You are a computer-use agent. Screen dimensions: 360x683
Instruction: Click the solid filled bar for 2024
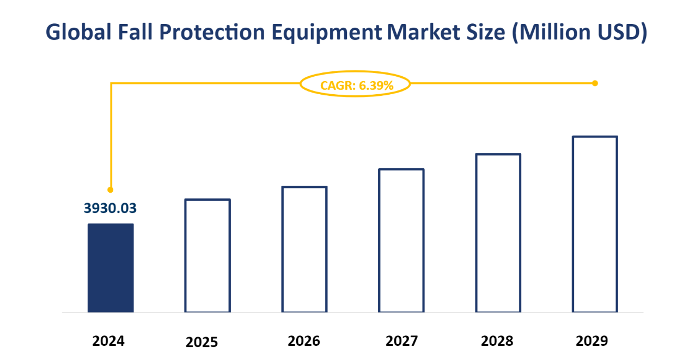pos(111,268)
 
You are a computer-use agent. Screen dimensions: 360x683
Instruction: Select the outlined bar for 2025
pos(208,255)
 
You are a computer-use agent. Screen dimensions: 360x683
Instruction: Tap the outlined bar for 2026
pos(304,249)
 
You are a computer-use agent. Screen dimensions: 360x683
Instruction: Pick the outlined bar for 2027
pos(401,240)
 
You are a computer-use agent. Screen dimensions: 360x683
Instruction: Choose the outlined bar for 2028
pos(498,233)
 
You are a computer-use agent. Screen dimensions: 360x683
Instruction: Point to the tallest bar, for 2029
pos(595,224)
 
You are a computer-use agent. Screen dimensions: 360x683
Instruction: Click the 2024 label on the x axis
pos(108,341)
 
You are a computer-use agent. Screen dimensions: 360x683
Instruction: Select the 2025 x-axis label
pos(202,343)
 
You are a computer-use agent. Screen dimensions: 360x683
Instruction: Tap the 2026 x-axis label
pos(304,341)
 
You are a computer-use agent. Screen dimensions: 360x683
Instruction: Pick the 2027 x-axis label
pos(401,341)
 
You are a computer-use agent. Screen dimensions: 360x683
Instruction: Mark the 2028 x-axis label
pos(497,341)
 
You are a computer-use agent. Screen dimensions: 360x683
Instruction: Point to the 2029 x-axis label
pos(591,341)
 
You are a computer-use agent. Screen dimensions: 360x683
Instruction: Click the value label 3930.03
pos(110,208)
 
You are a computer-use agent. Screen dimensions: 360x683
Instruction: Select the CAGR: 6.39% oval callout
pos(355,84)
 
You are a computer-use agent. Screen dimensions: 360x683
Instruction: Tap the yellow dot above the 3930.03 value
pos(111,190)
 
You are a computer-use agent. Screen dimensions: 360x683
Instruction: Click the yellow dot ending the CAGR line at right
pos(595,83)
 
